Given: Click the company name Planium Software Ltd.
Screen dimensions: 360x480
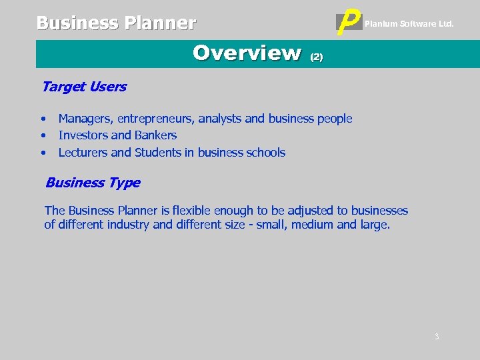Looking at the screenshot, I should coord(409,24).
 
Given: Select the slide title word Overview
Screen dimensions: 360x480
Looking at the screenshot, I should coord(247,53).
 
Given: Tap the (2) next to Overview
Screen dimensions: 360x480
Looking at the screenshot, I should coord(317,57).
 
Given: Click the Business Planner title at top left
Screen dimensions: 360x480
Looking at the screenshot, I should coord(116,23).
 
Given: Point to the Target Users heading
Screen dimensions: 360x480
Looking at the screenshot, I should coord(84,87).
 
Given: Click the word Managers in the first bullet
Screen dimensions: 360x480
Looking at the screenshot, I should coord(85,119).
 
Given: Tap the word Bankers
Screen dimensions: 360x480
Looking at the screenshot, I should coord(155,135).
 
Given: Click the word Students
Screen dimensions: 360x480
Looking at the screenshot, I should coord(158,153).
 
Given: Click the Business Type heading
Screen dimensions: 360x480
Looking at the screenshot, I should coord(93,183).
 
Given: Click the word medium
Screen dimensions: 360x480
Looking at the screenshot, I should coord(313,225).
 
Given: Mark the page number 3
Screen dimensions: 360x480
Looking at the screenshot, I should coord(437,337).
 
